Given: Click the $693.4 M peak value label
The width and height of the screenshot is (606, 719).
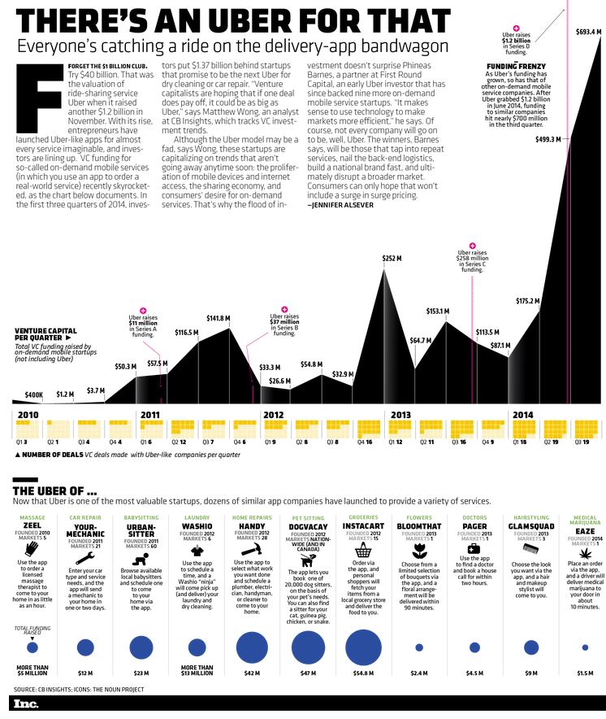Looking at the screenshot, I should click(x=587, y=33).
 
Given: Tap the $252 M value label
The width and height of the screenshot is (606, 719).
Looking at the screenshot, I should click(x=392, y=259).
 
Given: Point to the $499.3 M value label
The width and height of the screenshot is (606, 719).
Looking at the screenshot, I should click(x=548, y=140).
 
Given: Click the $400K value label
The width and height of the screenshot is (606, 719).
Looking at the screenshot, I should click(x=33, y=394).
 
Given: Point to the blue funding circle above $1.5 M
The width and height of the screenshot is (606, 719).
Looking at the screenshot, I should click(x=585, y=648).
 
